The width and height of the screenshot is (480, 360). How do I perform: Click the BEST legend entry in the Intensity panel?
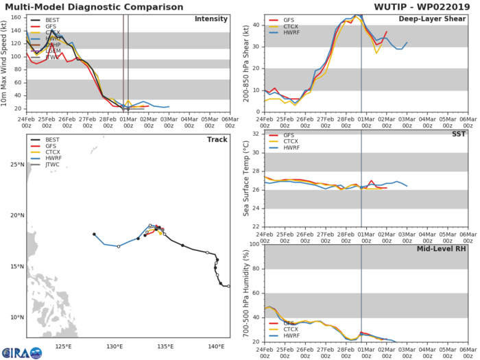[x=50, y=21]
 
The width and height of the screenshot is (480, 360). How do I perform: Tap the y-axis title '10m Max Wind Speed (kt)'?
[x=5, y=63]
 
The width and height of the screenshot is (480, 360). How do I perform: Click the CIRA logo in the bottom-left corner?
[x=21, y=352]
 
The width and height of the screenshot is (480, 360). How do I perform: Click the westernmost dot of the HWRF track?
[x=94, y=235]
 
